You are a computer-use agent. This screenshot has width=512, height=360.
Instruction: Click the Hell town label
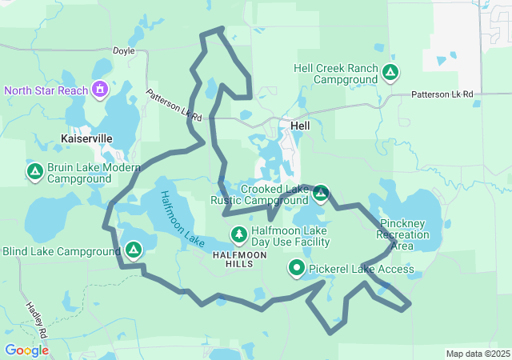point(300,126)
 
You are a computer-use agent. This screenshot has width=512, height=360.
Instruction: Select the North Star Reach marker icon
point(100,90)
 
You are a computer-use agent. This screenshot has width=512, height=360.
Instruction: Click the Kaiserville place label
point(86,138)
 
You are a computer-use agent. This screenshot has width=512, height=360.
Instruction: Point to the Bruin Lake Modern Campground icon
point(34,172)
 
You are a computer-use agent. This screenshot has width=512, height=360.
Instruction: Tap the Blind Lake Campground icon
point(134,250)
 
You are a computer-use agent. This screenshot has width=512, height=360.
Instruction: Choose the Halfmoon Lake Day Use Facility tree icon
point(238,235)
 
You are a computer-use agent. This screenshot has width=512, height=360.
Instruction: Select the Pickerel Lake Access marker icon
point(297,269)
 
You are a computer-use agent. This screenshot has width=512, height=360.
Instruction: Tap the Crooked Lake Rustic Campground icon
point(321,193)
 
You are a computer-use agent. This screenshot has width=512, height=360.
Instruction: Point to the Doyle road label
point(123,50)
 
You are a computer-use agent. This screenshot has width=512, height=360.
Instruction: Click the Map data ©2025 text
point(477,354)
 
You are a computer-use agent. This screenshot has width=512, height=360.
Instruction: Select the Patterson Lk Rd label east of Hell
point(442,94)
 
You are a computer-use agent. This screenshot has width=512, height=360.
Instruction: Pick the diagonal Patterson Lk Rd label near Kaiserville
point(174,105)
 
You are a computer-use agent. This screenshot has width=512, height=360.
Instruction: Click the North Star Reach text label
point(46,90)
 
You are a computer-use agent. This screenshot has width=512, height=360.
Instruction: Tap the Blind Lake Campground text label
point(61,251)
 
